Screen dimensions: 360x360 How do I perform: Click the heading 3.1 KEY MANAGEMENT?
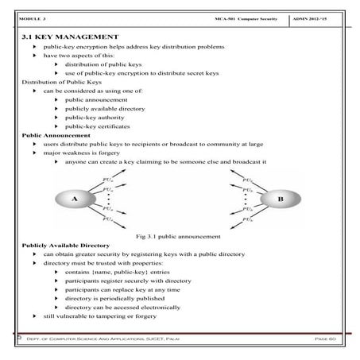coord(71,37)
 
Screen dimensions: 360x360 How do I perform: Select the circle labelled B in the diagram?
coord(279,199)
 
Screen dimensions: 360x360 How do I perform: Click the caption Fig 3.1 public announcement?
coord(180,236)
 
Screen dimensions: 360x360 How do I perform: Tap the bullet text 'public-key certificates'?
coord(99,126)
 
